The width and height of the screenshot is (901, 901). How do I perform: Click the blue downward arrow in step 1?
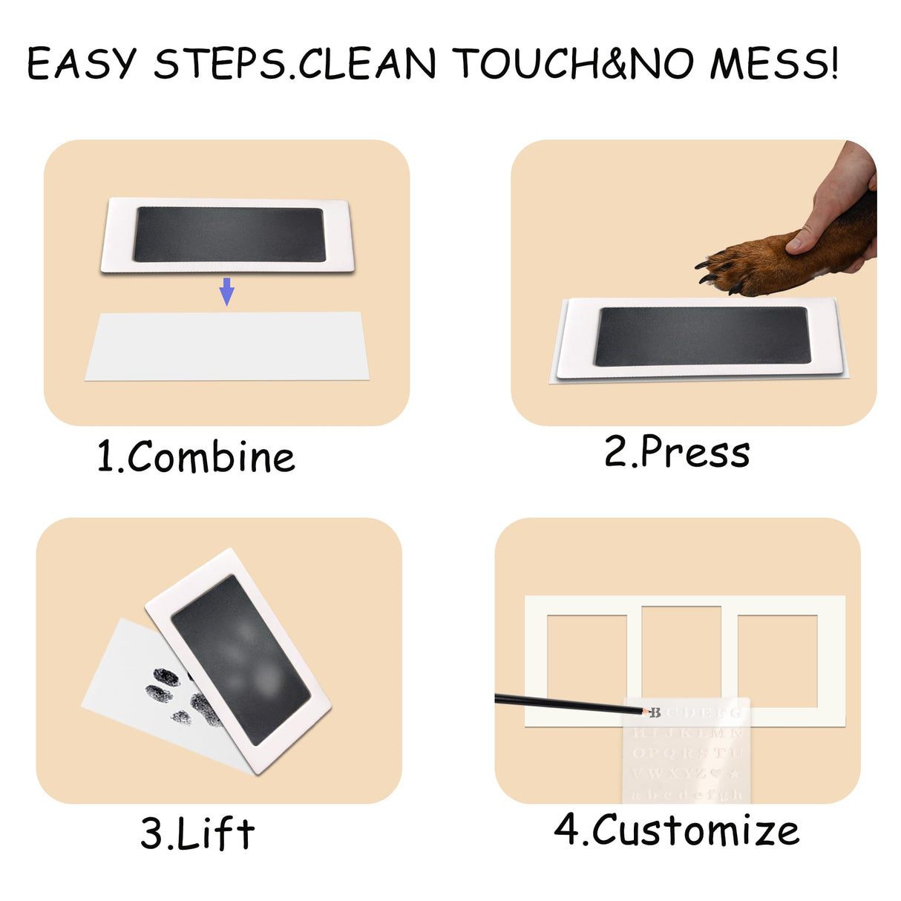click(227, 292)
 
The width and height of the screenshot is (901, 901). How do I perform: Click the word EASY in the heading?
click(82, 64)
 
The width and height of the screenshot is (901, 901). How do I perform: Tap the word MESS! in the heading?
click(774, 64)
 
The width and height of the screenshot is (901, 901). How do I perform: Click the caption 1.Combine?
click(196, 456)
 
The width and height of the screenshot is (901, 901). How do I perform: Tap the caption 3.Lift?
click(197, 833)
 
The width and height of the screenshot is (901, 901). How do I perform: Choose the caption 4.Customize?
click(677, 829)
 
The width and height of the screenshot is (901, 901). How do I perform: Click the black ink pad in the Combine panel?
click(229, 234)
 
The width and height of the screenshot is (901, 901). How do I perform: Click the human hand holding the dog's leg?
click(839, 200)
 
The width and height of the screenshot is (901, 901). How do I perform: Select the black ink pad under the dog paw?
click(701, 335)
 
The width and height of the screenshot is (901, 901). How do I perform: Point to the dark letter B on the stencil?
click(655, 712)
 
